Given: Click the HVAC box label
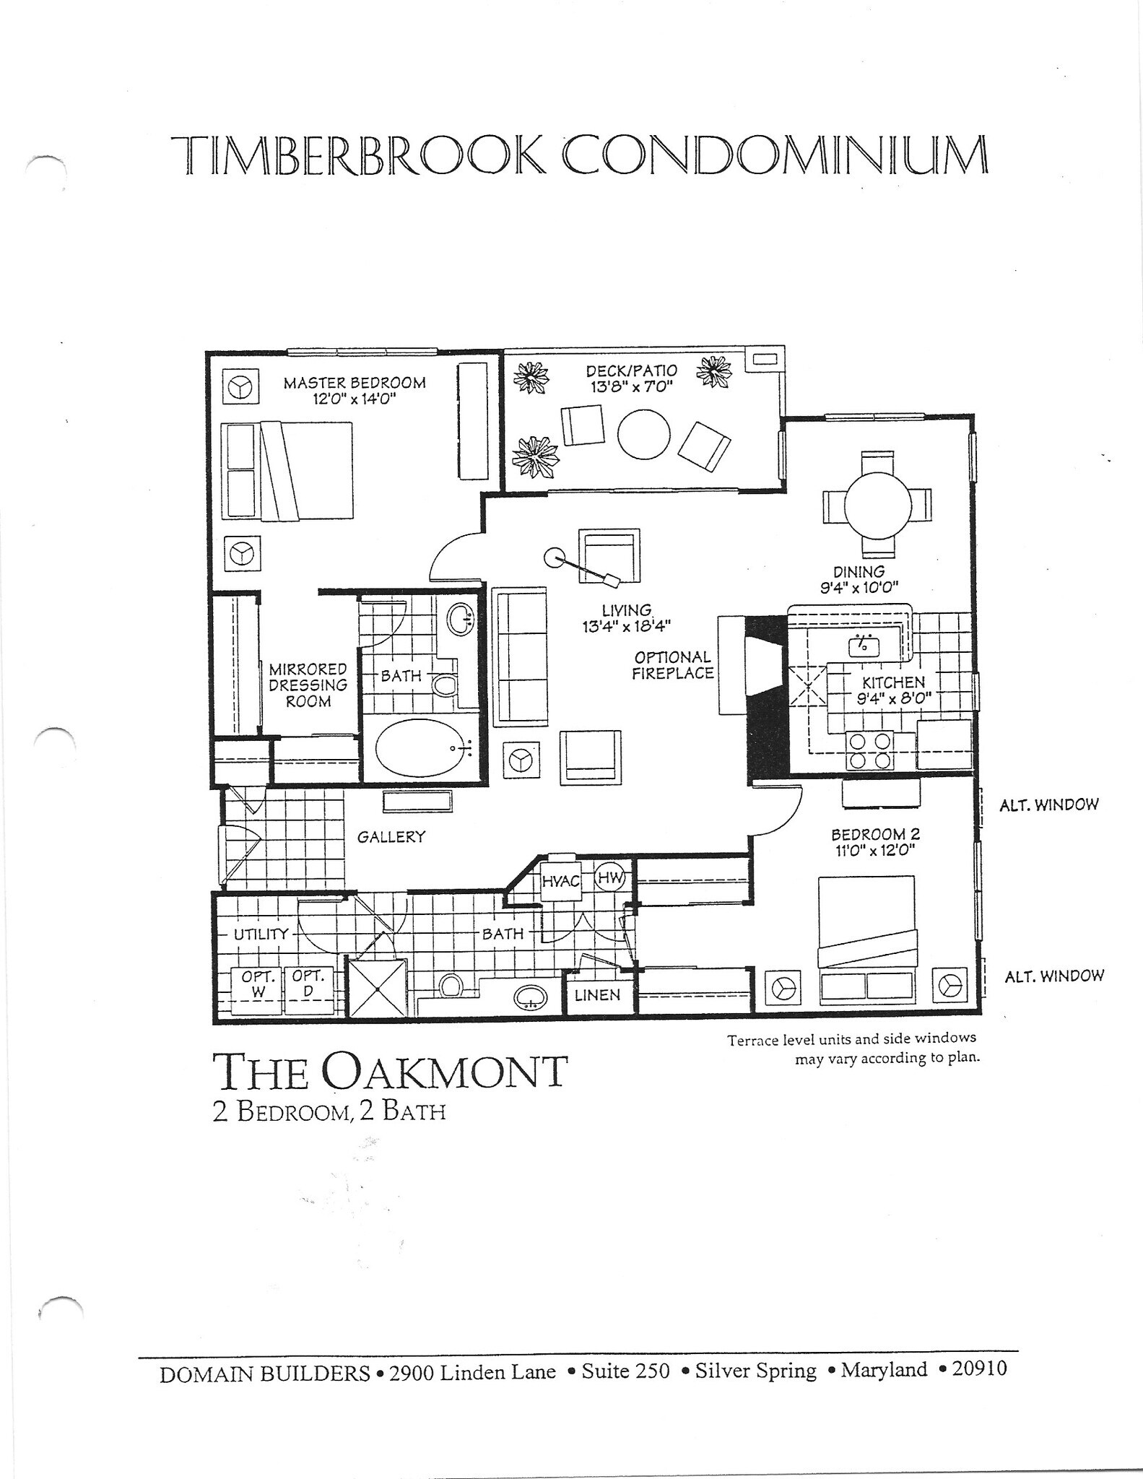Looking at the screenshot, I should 561,882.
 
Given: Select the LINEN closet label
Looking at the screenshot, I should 597,995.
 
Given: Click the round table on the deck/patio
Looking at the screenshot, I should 644,434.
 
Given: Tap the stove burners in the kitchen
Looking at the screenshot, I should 870,751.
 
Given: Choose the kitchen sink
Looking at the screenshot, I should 863,645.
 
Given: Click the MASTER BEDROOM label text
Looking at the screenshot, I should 355,383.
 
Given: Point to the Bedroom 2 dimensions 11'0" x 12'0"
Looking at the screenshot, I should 875,851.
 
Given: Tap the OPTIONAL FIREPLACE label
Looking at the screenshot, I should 673,665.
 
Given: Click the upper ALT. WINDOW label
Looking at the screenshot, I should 1049,804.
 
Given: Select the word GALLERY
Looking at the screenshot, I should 391,837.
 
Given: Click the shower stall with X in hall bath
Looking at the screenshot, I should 376,988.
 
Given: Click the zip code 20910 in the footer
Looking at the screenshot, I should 979,1369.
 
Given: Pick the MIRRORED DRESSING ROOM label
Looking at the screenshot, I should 308,685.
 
